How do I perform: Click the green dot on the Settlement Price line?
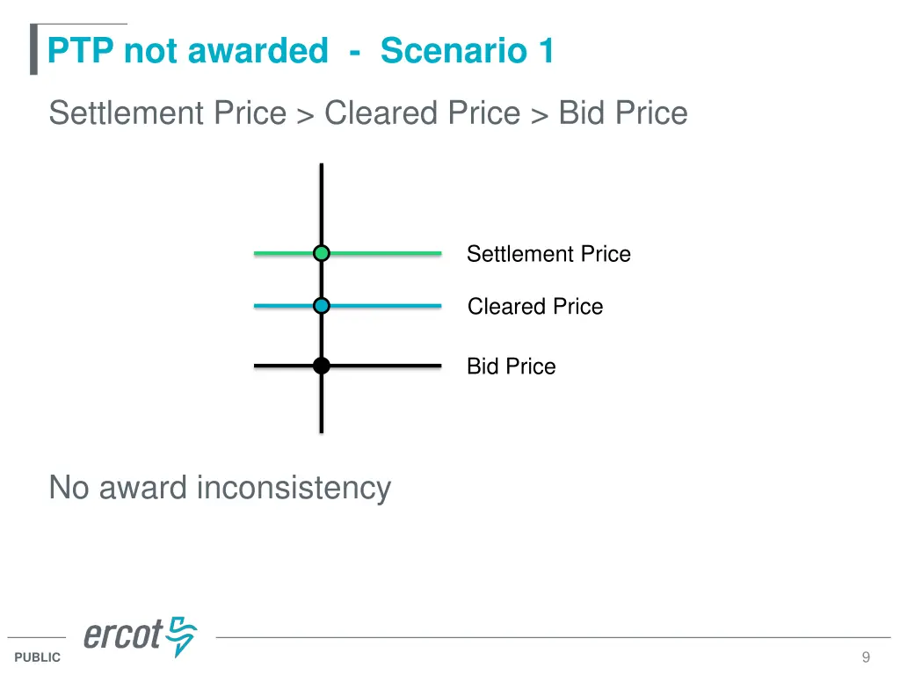(322, 253)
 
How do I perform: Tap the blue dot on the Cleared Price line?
(322, 306)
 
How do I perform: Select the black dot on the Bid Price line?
(322, 366)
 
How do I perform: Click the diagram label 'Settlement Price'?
(548, 254)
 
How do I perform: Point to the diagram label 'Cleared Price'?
(535, 307)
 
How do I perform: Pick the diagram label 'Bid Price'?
(511, 367)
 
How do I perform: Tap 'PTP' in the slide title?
(82, 51)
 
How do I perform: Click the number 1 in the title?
(547, 51)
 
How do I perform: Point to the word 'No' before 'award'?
(69, 487)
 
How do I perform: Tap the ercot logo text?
(123, 635)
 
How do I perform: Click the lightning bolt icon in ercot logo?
(182, 635)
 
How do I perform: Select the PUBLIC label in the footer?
(38, 657)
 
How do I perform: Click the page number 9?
(866, 657)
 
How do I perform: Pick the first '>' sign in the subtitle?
(305, 115)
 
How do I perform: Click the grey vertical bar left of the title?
(33, 50)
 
